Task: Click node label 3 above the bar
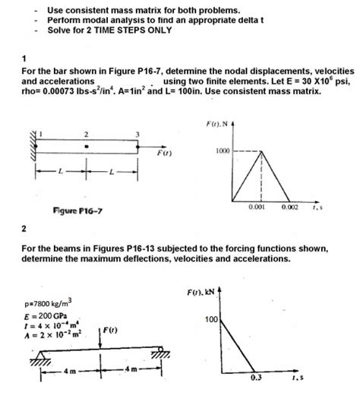137,135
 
